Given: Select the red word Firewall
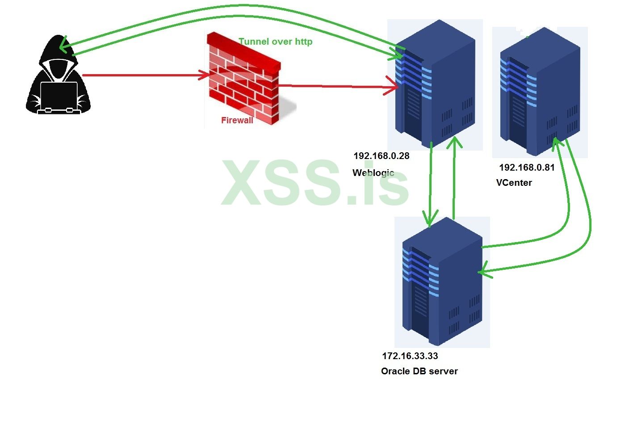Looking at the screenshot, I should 237,120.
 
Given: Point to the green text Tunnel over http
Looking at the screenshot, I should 276,42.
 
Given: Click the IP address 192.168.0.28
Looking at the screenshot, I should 381,156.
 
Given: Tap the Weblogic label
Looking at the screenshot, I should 373,172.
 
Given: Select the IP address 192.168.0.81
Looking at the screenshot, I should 527,168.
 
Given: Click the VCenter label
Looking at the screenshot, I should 514,183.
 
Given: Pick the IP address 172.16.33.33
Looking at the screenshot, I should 410,356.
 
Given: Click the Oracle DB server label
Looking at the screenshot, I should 419,371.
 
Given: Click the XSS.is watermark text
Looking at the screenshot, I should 315,183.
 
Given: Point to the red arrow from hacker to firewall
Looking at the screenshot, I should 143,75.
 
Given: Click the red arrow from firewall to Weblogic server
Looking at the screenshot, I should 335,86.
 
